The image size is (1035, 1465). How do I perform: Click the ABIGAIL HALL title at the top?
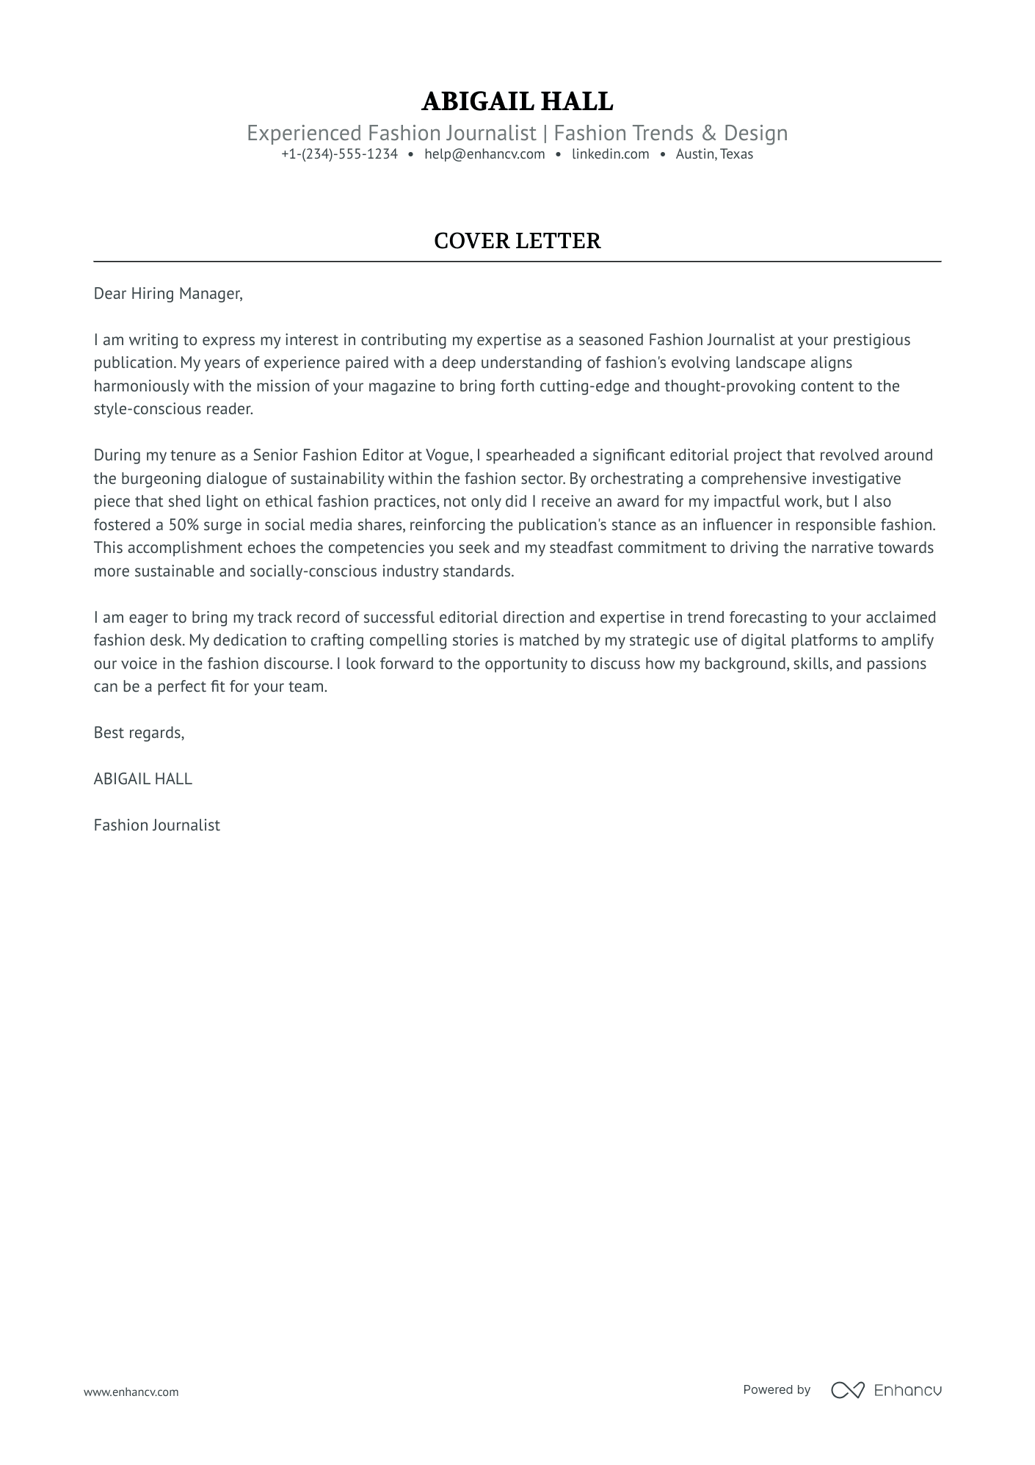tap(517, 101)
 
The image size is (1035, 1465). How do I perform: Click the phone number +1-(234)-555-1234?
tap(339, 154)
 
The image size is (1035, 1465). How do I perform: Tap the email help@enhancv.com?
tap(484, 154)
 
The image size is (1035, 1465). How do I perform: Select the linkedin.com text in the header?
tap(610, 154)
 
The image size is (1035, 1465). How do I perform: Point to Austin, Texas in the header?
tap(714, 154)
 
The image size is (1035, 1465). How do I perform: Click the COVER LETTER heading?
tap(517, 241)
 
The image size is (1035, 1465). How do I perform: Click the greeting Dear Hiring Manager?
tap(167, 294)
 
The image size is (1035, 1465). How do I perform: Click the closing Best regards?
tap(139, 733)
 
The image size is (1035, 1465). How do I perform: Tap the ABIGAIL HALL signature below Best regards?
tap(142, 779)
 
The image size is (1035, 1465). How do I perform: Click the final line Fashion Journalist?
tap(156, 825)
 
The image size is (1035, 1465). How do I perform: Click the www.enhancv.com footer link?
tap(131, 1392)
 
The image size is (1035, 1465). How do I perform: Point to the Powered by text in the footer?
tap(776, 1389)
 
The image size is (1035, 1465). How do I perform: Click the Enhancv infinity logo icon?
tap(847, 1389)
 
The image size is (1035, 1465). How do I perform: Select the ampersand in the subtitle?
tap(708, 134)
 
